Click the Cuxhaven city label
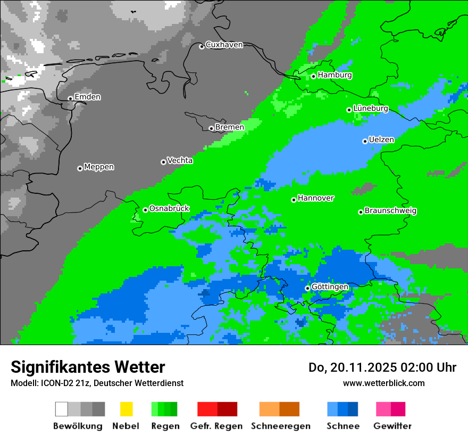(224, 45)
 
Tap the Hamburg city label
(335, 75)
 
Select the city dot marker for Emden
(70, 99)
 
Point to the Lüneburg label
(370, 109)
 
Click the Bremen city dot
(211, 128)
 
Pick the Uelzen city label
(381, 140)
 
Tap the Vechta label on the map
(180, 160)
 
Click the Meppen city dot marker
(80, 168)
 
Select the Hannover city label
(315, 198)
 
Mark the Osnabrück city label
(169, 209)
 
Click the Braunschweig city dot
(361, 212)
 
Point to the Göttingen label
(330, 287)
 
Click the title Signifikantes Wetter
(88, 367)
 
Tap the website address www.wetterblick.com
(383, 383)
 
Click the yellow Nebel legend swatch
(126, 409)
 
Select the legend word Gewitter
(392, 426)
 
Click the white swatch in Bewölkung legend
(62, 409)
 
